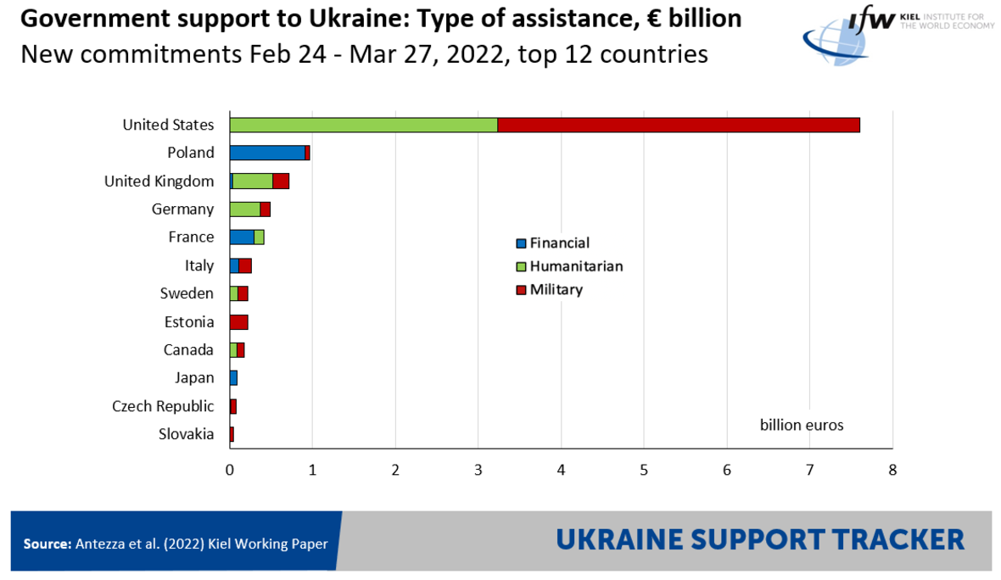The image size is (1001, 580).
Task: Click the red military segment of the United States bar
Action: tap(679, 125)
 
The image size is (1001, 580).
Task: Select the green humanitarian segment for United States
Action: tap(363, 125)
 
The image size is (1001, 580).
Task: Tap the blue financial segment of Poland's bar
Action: tap(266, 153)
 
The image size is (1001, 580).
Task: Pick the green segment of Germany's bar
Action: tap(245, 209)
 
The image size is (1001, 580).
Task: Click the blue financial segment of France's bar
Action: tap(242, 237)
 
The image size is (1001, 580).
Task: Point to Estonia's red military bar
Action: tap(238, 322)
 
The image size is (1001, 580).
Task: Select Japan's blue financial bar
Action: tap(233, 378)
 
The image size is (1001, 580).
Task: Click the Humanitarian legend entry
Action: tap(576, 266)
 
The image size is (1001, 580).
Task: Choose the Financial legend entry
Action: tap(559, 243)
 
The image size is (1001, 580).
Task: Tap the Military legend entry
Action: tap(556, 290)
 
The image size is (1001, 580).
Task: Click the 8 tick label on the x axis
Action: tap(892, 470)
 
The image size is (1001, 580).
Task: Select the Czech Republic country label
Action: tap(163, 406)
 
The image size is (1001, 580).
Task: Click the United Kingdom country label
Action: tap(159, 181)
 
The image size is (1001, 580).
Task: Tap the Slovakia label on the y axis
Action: tap(186, 434)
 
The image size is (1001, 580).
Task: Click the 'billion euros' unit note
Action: tap(802, 425)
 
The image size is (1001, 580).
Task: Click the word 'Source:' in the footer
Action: tap(47, 544)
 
